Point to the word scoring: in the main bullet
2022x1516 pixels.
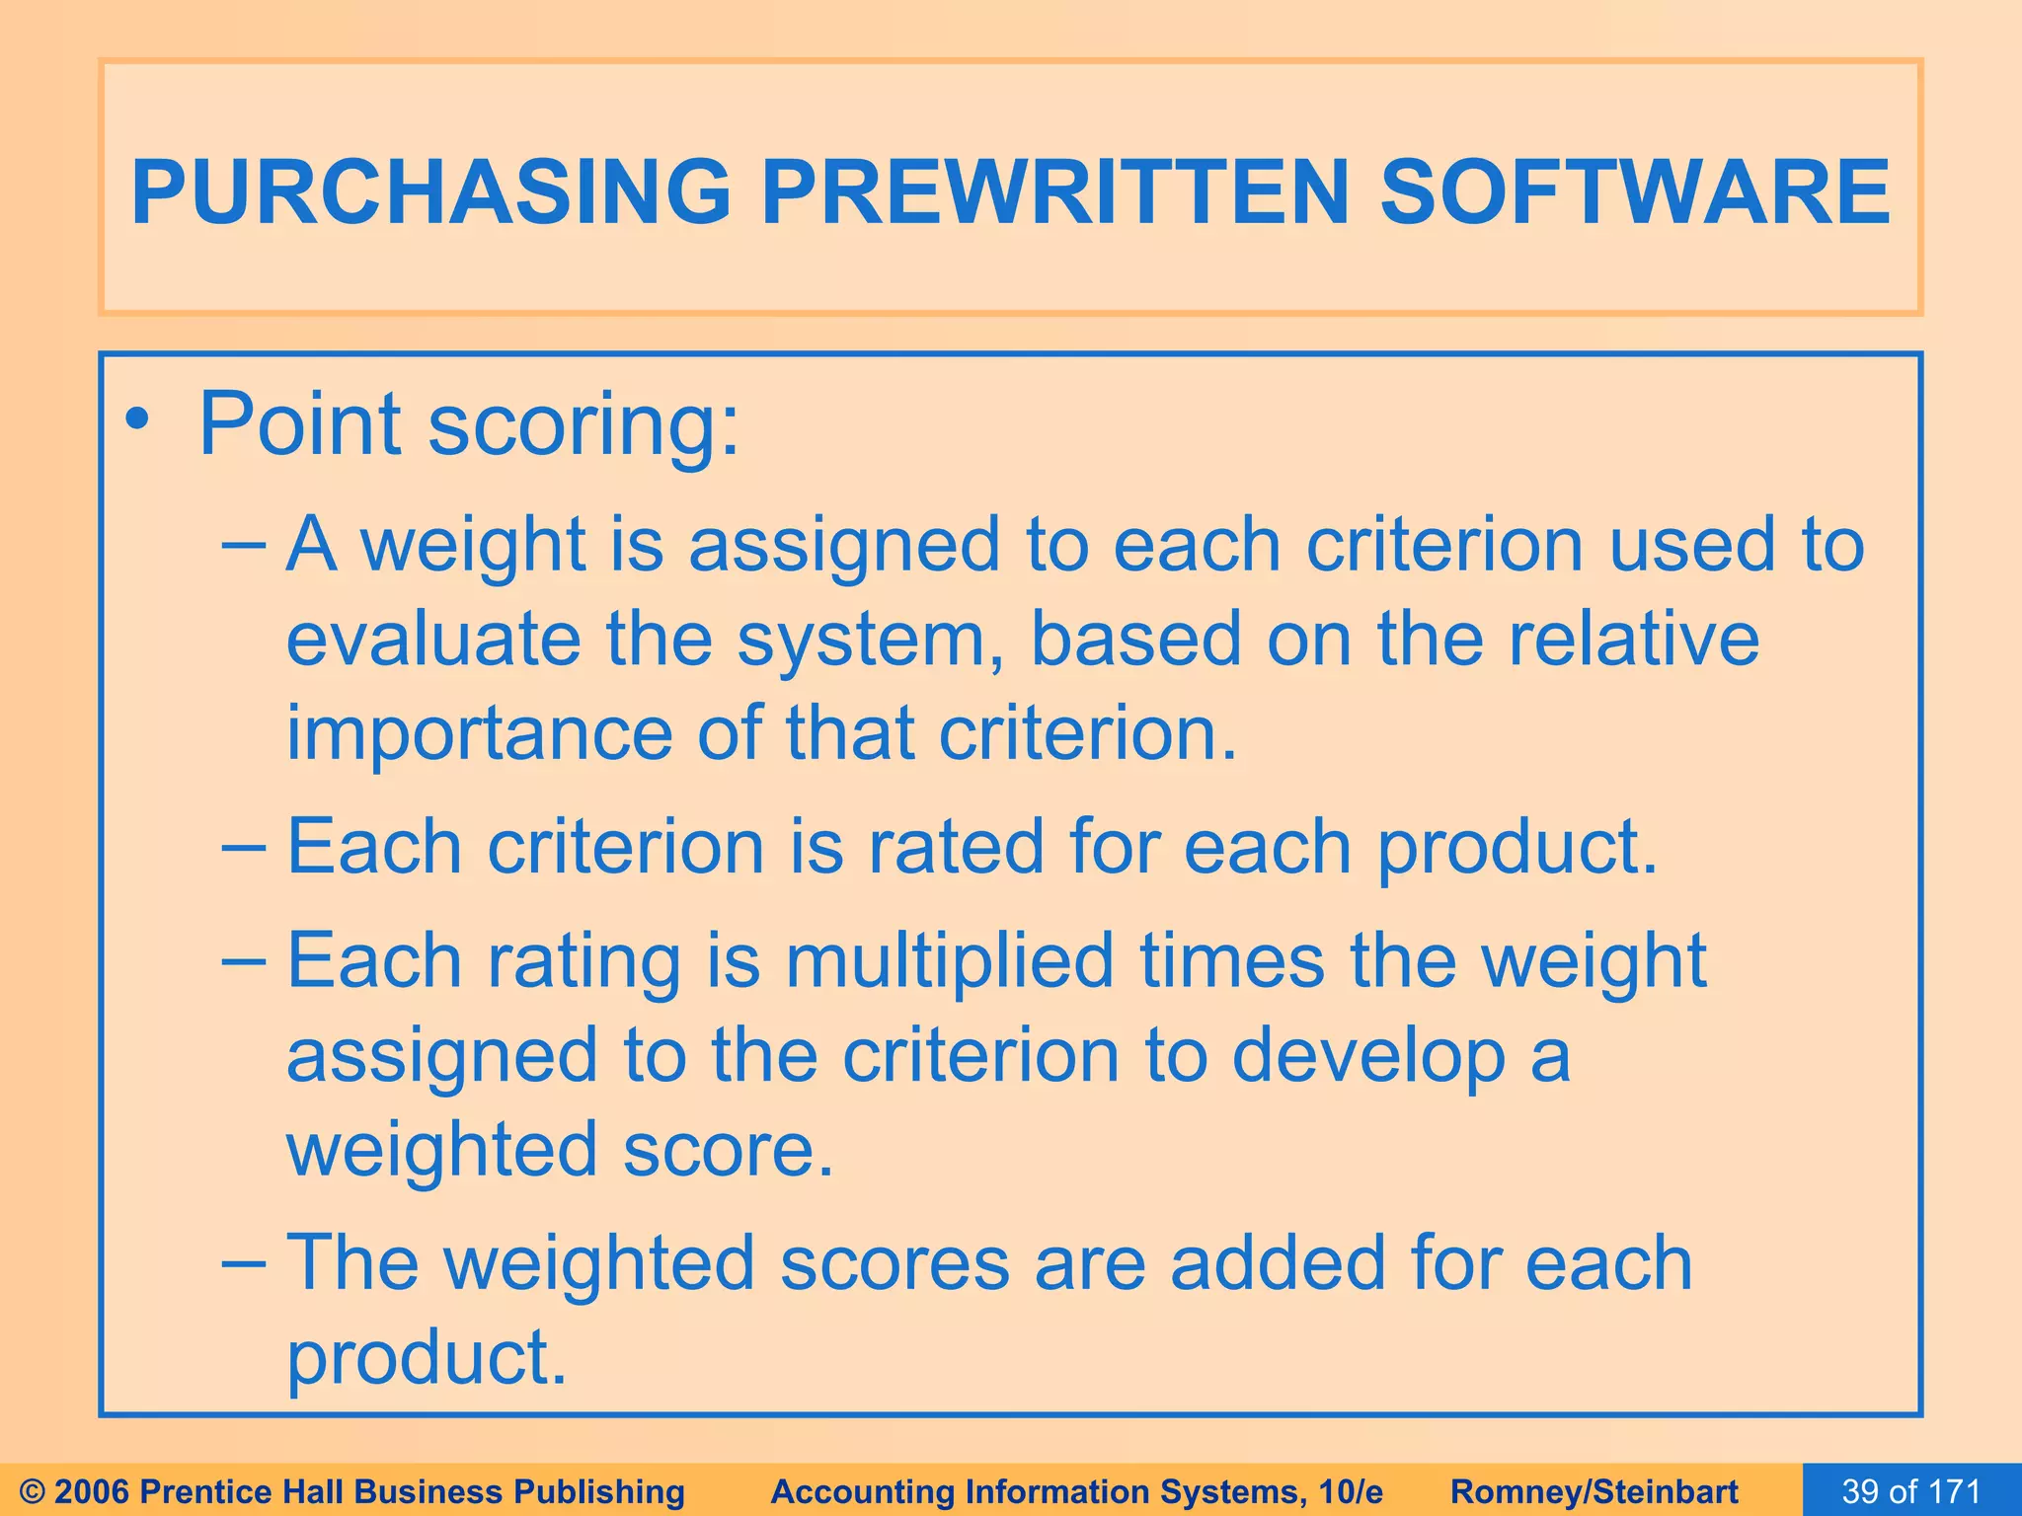[x=583, y=426]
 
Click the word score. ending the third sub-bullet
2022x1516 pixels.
[x=729, y=1151]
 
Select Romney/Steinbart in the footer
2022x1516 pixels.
[x=1594, y=1491]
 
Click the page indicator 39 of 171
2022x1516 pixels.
[x=1911, y=1491]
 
